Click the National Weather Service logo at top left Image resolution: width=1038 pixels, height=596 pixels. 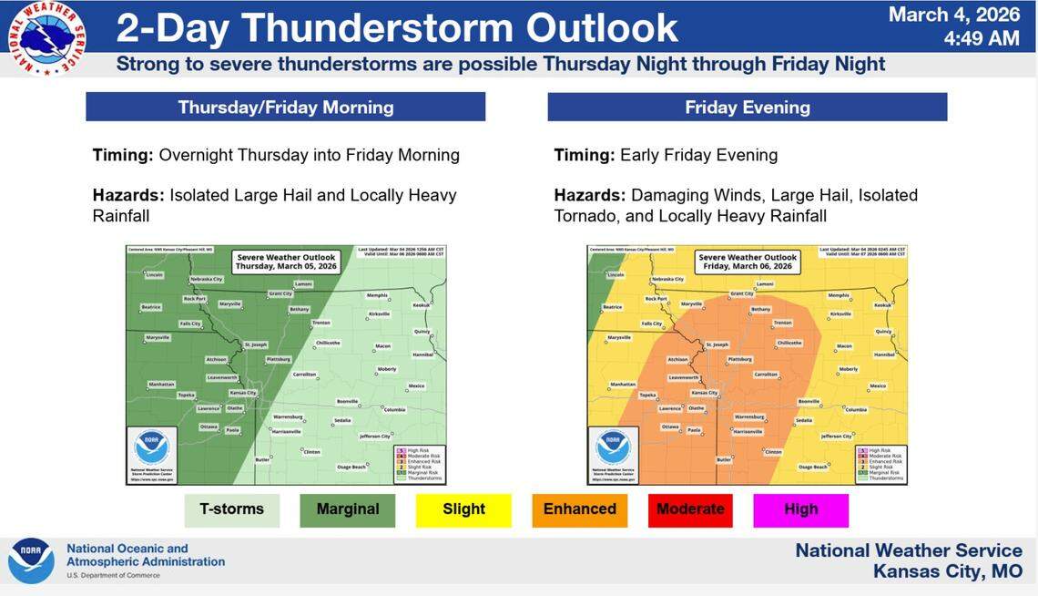[x=46, y=38]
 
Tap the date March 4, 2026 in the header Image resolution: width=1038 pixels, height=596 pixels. [x=953, y=15]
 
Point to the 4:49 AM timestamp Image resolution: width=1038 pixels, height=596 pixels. [x=982, y=38]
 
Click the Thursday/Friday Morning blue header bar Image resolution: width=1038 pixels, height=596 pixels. [x=285, y=107]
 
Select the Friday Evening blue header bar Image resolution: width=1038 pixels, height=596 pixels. [x=747, y=107]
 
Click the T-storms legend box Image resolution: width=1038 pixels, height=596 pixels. [x=231, y=509]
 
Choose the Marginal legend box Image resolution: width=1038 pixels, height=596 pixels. [x=347, y=509]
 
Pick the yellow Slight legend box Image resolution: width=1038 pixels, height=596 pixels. [x=463, y=509]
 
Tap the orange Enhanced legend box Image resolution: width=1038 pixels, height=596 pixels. [x=579, y=509]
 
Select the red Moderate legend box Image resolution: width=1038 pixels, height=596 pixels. [x=690, y=509]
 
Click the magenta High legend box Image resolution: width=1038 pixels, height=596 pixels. [x=800, y=509]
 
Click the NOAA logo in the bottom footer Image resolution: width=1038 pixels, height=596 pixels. [x=31, y=560]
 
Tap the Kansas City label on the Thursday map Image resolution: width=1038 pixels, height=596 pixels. [x=243, y=392]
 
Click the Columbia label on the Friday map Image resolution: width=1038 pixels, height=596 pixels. [x=855, y=410]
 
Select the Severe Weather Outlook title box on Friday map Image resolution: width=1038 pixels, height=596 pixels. [x=748, y=262]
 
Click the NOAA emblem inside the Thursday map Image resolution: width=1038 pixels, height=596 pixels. [x=151, y=447]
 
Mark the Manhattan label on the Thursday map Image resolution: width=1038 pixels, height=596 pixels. [x=161, y=385]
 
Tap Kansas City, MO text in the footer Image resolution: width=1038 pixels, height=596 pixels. [x=947, y=571]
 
